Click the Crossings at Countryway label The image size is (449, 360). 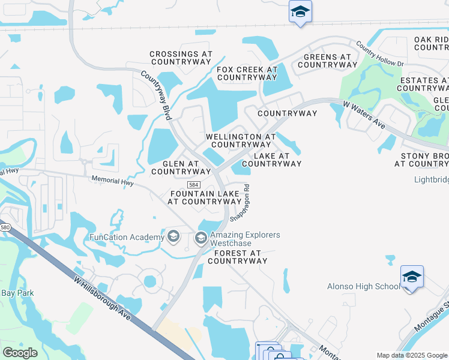point(181,58)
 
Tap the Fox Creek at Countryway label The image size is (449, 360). point(247,73)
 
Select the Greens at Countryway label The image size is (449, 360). point(327,61)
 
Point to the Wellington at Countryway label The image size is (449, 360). point(240,140)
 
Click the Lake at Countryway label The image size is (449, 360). point(271,160)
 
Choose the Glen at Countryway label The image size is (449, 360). point(181,167)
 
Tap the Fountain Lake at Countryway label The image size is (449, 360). point(205,198)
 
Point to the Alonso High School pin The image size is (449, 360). point(412,277)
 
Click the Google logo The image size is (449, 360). point(20,352)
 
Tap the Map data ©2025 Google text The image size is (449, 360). point(412,355)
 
